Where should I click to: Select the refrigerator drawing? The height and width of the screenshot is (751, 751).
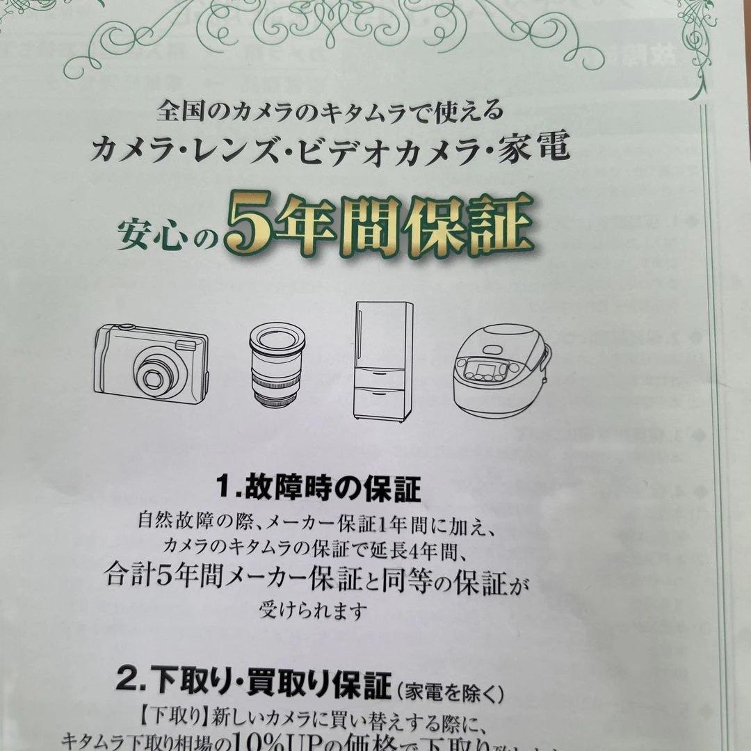point(382,360)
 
